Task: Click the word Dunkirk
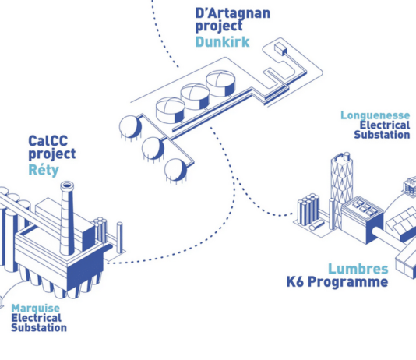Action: click(x=222, y=42)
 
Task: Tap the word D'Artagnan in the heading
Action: click(x=233, y=13)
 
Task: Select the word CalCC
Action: click(x=48, y=140)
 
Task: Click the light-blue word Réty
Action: click(x=44, y=170)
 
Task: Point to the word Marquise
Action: click(x=36, y=308)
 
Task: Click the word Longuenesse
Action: click(x=375, y=115)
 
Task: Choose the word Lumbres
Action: click(x=358, y=269)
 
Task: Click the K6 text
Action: click(x=294, y=281)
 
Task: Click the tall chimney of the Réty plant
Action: click(x=66, y=217)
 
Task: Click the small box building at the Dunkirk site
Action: click(x=280, y=49)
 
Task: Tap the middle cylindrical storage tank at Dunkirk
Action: click(x=195, y=97)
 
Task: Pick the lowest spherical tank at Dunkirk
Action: click(x=175, y=170)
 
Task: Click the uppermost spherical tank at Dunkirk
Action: click(x=130, y=127)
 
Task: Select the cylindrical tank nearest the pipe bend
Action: click(x=220, y=83)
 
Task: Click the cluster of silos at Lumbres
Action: click(x=308, y=210)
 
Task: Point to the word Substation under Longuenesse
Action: click(x=382, y=135)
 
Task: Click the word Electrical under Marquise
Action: click(x=37, y=318)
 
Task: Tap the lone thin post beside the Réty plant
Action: click(x=120, y=238)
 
